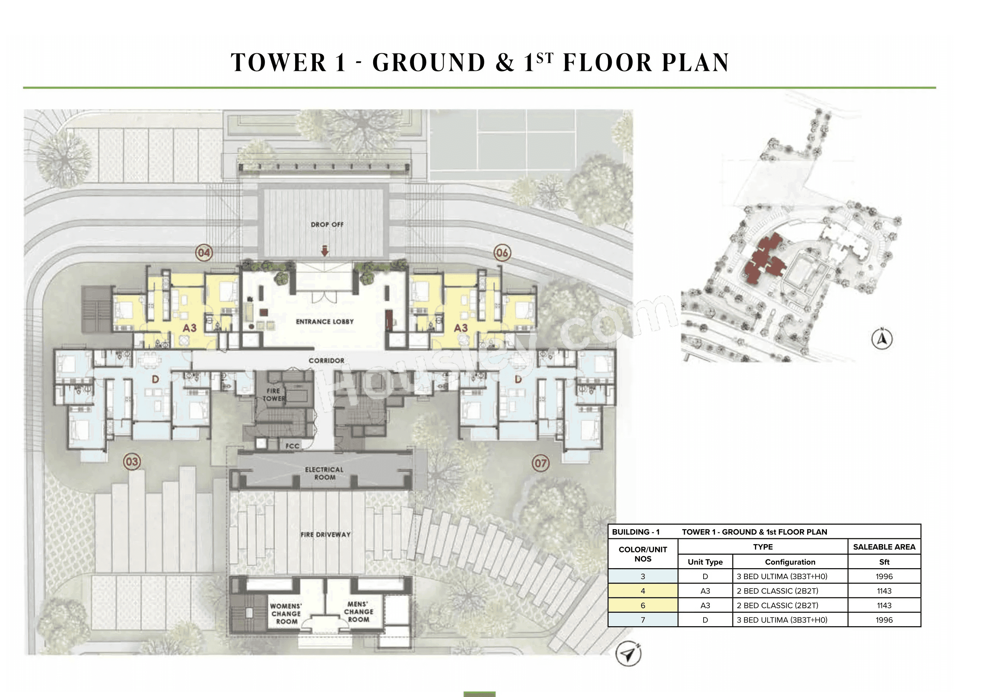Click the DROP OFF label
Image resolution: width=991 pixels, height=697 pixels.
327,224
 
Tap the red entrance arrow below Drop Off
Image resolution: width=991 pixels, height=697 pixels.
325,250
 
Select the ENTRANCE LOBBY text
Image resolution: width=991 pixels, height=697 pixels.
325,322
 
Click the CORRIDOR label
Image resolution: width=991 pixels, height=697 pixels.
326,361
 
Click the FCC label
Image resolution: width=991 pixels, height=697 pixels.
292,446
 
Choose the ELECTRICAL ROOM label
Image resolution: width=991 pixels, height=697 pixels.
324,473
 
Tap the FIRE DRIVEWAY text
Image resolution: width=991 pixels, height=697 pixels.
325,535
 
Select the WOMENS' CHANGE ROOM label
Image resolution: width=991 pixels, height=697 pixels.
286,614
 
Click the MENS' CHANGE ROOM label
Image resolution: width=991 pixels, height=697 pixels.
358,612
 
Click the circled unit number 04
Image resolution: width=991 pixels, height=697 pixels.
204,252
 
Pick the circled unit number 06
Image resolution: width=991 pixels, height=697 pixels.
502,253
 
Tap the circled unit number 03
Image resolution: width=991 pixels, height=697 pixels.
132,462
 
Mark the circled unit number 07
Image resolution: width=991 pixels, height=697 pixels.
541,464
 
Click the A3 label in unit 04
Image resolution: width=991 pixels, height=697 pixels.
189,328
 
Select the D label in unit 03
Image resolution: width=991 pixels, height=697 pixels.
155,380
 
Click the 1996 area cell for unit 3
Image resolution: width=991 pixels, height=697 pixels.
884,577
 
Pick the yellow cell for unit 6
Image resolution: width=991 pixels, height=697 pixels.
643,605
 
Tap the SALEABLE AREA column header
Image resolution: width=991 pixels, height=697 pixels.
884,547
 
